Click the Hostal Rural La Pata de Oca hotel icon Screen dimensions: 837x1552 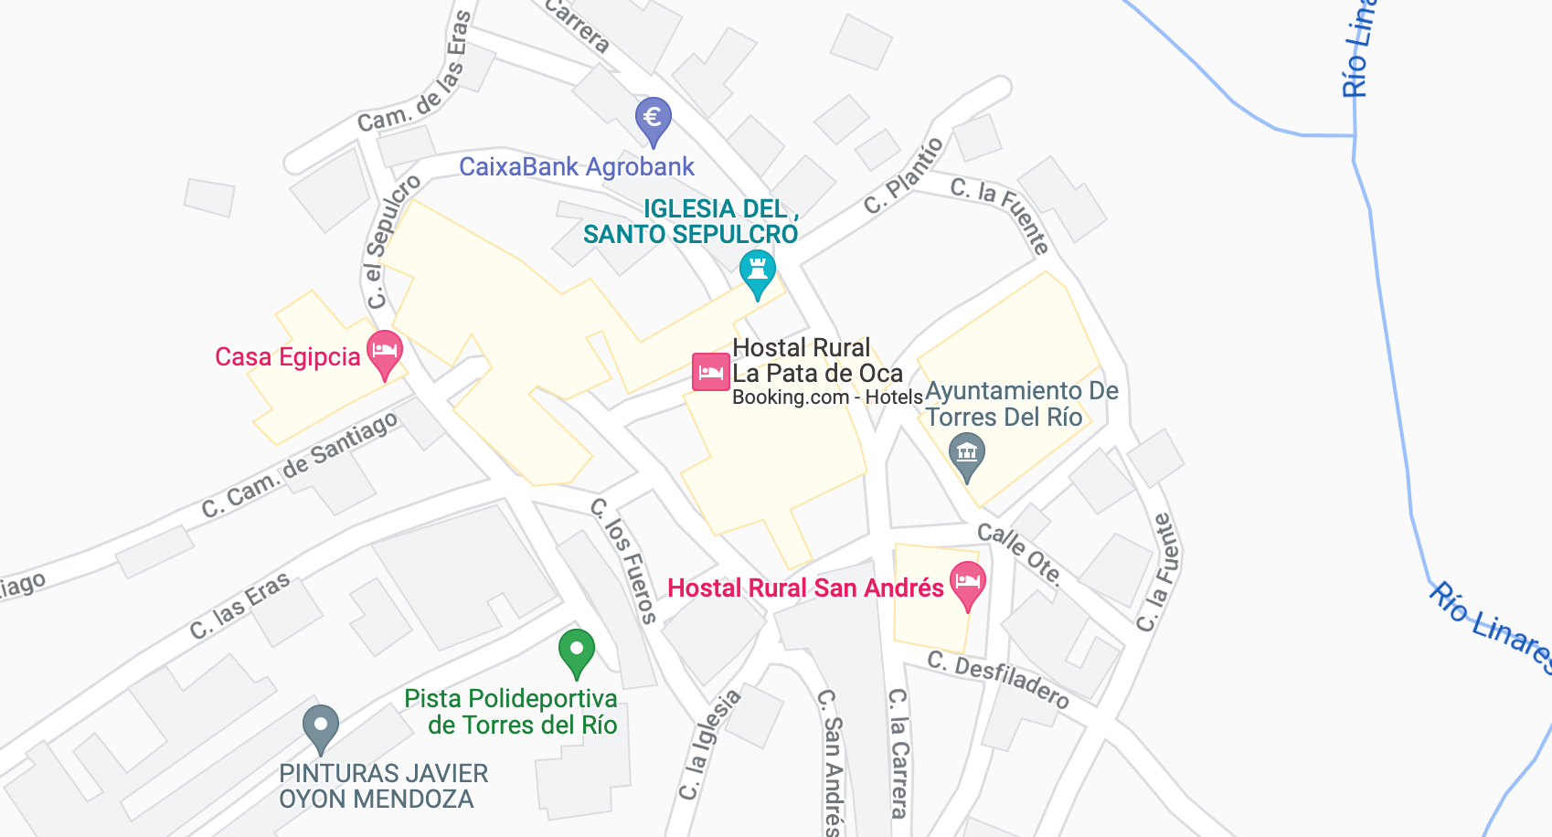(x=710, y=372)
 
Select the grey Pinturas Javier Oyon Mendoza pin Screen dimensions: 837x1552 (x=321, y=727)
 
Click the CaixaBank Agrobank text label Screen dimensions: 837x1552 (x=577, y=167)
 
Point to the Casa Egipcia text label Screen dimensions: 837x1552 (x=288, y=356)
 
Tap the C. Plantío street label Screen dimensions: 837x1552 (x=904, y=176)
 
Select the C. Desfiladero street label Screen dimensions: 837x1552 (x=998, y=680)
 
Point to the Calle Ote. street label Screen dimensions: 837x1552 (x=1019, y=553)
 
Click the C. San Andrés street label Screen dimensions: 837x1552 (x=831, y=762)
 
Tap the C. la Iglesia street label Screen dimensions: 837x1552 (x=709, y=746)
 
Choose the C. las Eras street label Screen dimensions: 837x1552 (x=240, y=605)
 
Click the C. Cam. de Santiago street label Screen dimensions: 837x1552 (x=300, y=465)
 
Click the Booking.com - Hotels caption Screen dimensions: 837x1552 (x=827, y=397)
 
